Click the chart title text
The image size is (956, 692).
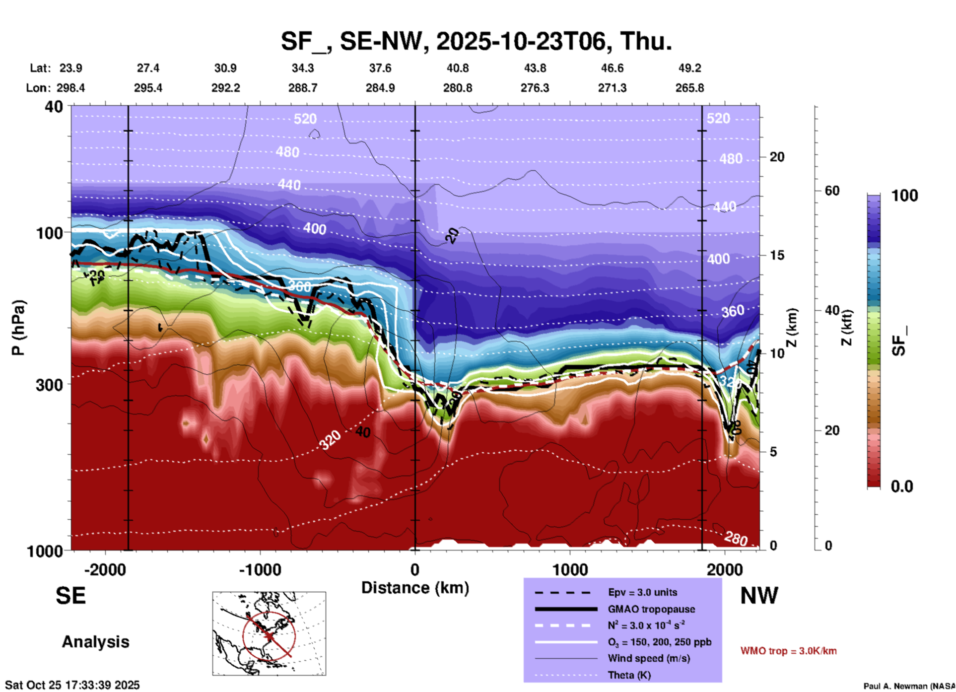(477, 41)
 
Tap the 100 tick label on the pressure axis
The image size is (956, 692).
(49, 233)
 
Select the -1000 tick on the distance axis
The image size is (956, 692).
(260, 569)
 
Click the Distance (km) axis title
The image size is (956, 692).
(415, 588)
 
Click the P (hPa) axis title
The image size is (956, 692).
(18, 328)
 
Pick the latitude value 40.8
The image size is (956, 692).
(457, 68)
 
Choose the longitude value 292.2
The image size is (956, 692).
(226, 88)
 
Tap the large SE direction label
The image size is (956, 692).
(70, 596)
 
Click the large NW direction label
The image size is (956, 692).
(759, 596)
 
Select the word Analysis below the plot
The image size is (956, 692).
(95, 642)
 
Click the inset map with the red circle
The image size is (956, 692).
(269, 633)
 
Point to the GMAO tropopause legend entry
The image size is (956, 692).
(651, 609)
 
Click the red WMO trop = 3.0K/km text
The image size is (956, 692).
(788, 651)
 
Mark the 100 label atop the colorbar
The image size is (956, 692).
(904, 196)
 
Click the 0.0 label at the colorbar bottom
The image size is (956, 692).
(901, 486)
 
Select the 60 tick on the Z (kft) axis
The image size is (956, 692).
(832, 191)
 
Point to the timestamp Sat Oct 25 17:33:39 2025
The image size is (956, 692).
(72, 685)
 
